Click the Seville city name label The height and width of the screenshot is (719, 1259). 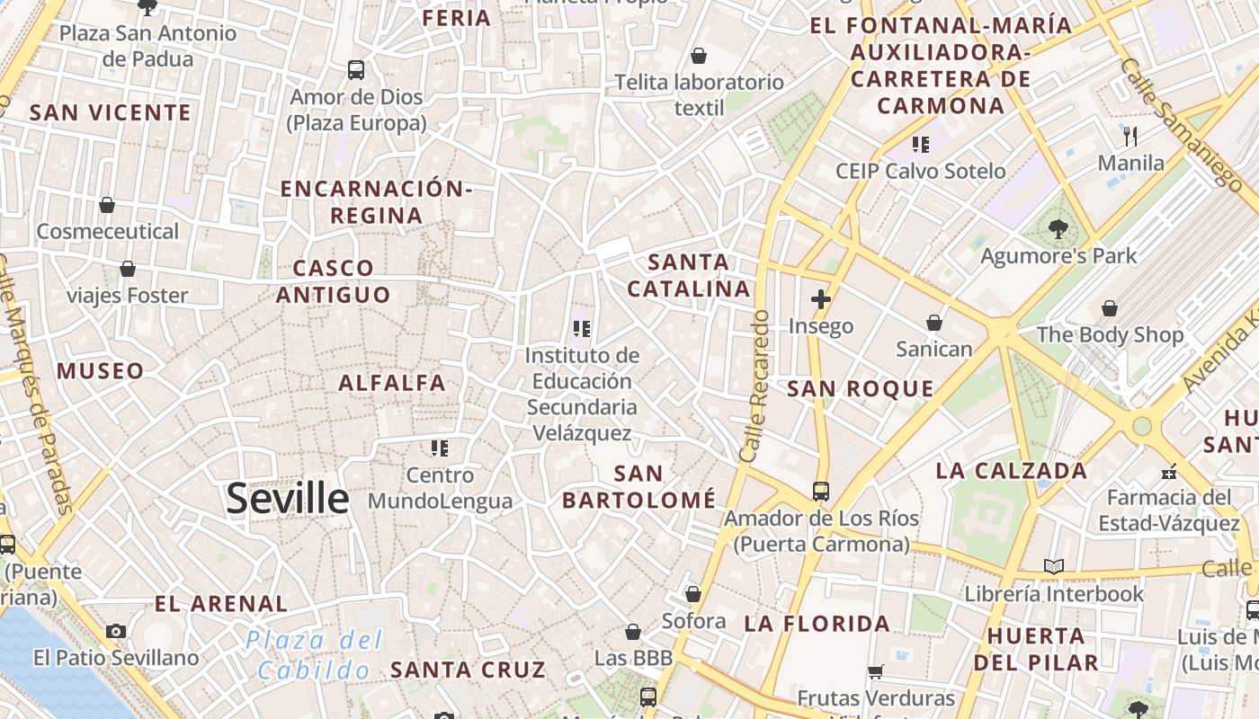point(287,498)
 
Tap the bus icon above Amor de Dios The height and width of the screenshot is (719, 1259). point(356,69)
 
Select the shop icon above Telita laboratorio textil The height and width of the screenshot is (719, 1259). point(699,56)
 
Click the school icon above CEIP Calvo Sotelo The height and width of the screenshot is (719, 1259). point(920,144)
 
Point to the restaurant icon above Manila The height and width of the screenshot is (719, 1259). point(1130,137)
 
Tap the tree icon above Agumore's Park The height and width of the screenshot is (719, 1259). point(1058,229)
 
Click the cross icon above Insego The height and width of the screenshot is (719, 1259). point(820,299)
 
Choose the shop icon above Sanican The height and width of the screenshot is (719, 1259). point(934,323)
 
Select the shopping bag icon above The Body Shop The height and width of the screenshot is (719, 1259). point(1110,308)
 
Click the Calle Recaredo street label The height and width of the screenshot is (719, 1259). point(755,386)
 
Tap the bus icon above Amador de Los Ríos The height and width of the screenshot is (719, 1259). point(820,491)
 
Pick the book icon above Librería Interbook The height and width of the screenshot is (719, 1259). point(1054,566)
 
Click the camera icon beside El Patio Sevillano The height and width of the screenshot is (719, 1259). point(116,631)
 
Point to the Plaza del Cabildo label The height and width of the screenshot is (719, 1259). point(314,655)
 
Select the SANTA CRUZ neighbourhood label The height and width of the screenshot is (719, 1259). point(468,670)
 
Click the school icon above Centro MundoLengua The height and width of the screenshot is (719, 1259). point(439,448)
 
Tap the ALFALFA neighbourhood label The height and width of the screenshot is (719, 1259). point(392,383)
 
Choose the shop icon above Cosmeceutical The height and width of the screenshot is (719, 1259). point(107,205)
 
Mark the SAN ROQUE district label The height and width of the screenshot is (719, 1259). point(861,388)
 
